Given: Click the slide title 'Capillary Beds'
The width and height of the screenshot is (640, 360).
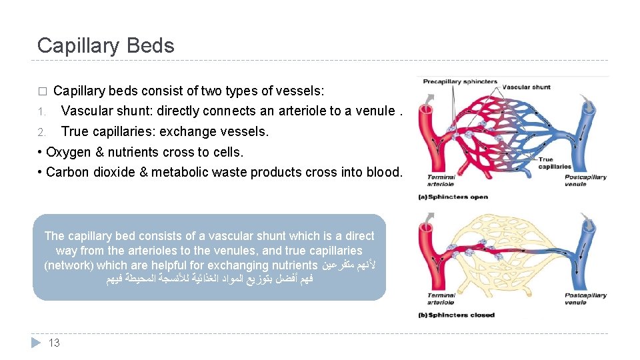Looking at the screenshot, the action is click(x=105, y=45).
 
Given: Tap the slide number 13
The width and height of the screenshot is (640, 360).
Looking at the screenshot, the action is click(x=55, y=343).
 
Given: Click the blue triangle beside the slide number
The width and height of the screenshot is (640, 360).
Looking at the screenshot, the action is click(x=37, y=343).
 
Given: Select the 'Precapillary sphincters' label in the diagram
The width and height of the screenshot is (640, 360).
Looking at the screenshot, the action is click(x=459, y=82).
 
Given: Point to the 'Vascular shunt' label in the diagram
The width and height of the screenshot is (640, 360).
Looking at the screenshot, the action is click(x=526, y=87).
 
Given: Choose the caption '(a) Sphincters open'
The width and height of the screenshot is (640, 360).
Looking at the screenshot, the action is click(x=453, y=197).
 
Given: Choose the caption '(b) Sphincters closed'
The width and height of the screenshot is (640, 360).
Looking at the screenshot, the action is click(x=456, y=315).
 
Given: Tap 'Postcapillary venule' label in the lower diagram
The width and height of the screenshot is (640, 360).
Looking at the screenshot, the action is click(x=585, y=299).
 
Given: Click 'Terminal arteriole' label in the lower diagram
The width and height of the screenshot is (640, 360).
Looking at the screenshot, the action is click(x=441, y=299).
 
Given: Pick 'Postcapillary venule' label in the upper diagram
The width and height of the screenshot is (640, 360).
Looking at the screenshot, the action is click(x=585, y=180).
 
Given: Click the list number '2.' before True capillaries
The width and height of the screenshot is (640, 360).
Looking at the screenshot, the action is click(x=41, y=131).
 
